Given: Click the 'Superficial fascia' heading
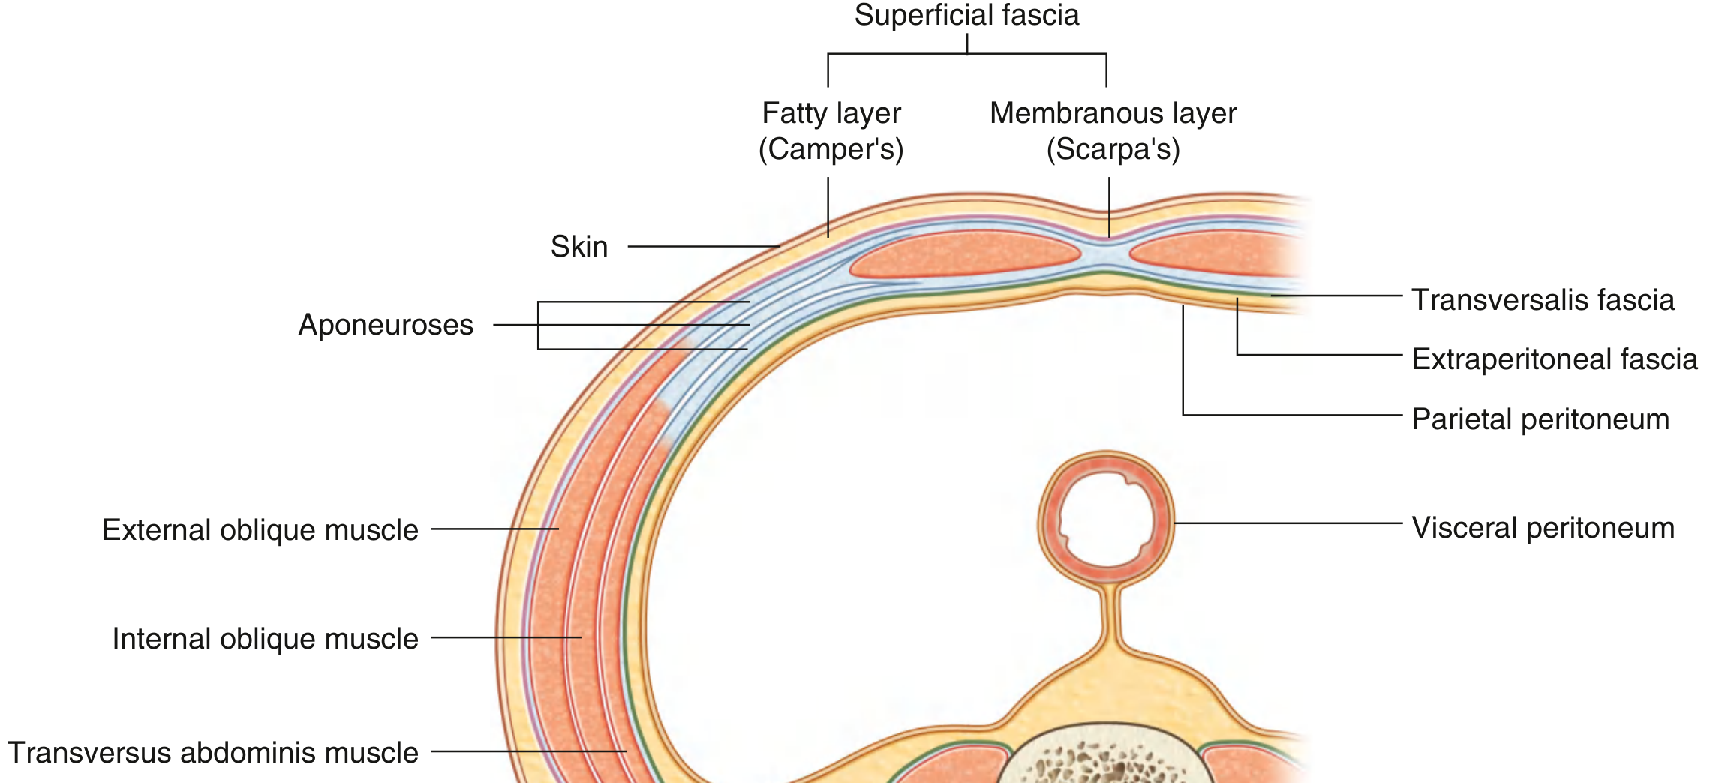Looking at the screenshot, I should (x=966, y=16).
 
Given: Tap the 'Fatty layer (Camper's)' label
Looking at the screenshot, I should (x=831, y=131).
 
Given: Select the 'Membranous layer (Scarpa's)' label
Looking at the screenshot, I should (x=1113, y=131).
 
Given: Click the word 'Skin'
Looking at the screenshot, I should (x=579, y=247).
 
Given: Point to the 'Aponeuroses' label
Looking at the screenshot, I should (x=386, y=325).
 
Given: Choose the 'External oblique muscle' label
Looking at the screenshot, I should (x=260, y=530).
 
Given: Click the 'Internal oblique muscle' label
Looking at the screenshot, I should (x=265, y=639).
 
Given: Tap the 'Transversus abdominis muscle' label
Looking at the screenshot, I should (x=212, y=753).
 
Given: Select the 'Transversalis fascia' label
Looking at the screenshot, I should (x=1543, y=300).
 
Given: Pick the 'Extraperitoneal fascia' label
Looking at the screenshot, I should (x=1554, y=359).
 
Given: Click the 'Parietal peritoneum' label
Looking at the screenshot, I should (x=1540, y=419).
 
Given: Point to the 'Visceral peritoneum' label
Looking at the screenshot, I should (x=1543, y=528).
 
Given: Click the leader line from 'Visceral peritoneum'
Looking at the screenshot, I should (x=1287, y=523).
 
